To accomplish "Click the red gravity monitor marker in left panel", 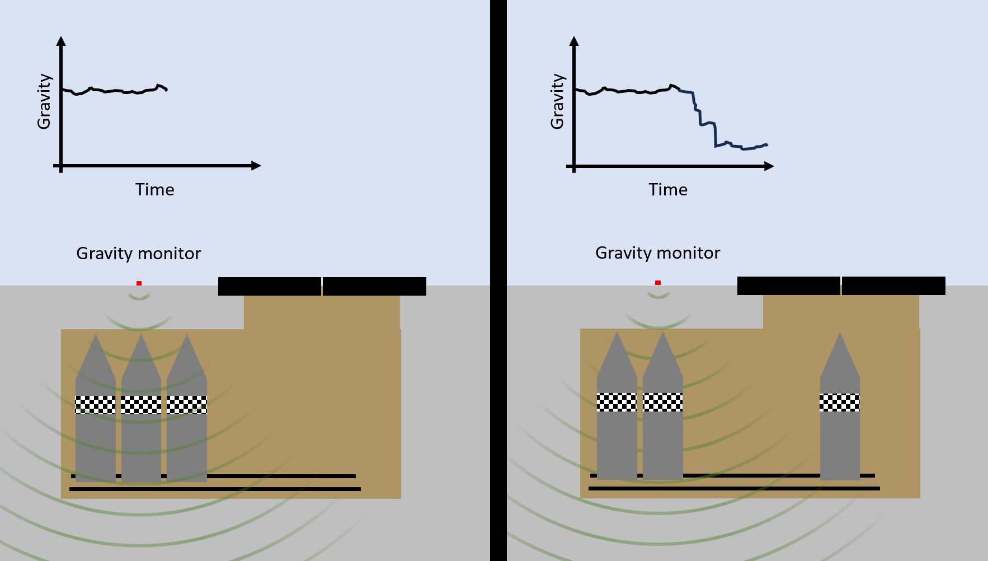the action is pyautogui.click(x=139, y=283).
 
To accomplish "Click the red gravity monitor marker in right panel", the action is pyautogui.click(x=658, y=283).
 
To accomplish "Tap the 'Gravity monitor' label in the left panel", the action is pyautogui.click(x=139, y=254).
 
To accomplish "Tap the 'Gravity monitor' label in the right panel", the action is pyautogui.click(x=658, y=253).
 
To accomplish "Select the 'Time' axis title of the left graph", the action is pyautogui.click(x=154, y=190).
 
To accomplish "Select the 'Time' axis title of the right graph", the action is pyautogui.click(x=668, y=190).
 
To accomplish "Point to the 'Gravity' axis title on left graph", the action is pyautogui.click(x=44, y=101).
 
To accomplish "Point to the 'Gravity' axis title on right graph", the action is pyautogui.click(x=557, y=101).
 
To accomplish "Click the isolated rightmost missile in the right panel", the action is pyautogui.click(x=840, y=406).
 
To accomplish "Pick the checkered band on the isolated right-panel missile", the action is pyautogui.click(x=840, y=403).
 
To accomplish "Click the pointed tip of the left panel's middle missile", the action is pyautogui.click(x=141, y=335).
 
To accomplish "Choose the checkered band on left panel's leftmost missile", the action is pyautogui.click(x=96, y=405).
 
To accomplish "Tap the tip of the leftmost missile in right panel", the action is pyautogui.click(x=617, y=332).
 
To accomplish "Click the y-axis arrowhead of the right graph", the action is pyautogui.click(x=574, y=41).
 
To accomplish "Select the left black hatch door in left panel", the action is pyautogui.click(x=270, y=286).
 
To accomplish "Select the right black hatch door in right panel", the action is pyautogui.click(x=893, y=286).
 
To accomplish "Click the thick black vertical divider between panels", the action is pyautogui.click(x=498, y=280).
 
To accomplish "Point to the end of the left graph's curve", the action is pyautogui.click(x=167, y=90).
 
